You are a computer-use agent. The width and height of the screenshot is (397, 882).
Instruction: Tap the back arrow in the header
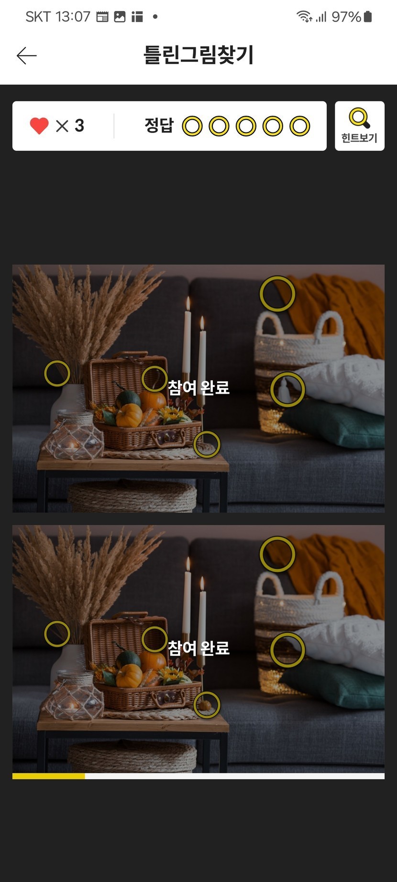click(x=26, y=55)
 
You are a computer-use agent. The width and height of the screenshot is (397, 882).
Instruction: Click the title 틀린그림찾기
click(x=198, y=55)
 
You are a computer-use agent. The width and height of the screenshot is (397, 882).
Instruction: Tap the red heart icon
click(x=39, y=126)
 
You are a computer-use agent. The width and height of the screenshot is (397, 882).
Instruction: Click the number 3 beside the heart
click(x=79, y=126)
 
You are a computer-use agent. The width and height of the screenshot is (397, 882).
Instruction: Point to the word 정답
click(x=159, y=126)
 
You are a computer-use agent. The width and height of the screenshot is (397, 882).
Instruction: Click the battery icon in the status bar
click(x=368, y=17)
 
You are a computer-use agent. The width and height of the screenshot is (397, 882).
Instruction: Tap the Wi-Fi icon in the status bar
click(x=304, y=17)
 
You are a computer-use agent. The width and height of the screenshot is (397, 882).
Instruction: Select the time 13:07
click(x=73, y=17)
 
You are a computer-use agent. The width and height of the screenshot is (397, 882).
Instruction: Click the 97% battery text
click(x=346, y=17)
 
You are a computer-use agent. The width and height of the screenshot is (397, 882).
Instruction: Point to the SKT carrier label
click(x=38, y=17)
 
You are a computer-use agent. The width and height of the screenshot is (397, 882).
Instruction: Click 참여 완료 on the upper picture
click(x=198, y=387)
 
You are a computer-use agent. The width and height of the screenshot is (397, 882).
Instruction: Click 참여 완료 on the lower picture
click(x=198, y=648)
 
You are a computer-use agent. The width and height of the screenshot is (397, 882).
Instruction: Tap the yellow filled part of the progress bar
click(x=48, y=776)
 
